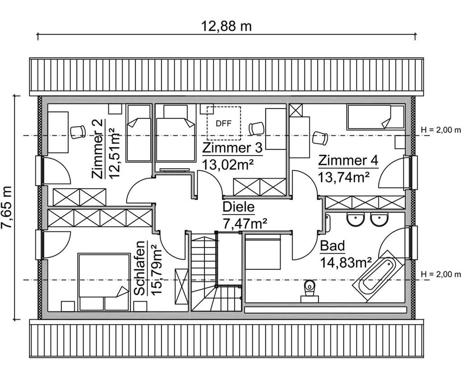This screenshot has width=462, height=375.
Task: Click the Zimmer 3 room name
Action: [232, 148]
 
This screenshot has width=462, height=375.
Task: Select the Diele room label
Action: [239, 208]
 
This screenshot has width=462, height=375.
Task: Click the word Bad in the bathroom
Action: [332, 246]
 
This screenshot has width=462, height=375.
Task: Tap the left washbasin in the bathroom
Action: [356, 220]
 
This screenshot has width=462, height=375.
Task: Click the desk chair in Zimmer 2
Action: [78, 130]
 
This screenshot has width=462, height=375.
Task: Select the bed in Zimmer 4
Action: [375, 117]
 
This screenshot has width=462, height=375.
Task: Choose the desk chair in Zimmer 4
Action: [320, 137]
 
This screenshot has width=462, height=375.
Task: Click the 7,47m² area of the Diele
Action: [245, 223]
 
